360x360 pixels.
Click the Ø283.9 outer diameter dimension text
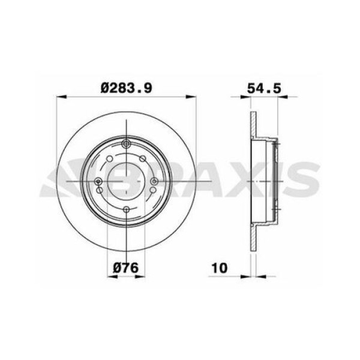tap(126, 87)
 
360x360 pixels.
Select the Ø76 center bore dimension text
tap(127, 268)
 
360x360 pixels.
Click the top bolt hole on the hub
tap(127, 143)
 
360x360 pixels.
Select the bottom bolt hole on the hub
tap(127, 209)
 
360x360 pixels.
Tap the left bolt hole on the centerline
tap(98, 181)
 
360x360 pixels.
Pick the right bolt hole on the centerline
tap(154, 181)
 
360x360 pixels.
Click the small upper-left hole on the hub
tap(108, 160)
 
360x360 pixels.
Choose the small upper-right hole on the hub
tap(145, 160)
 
